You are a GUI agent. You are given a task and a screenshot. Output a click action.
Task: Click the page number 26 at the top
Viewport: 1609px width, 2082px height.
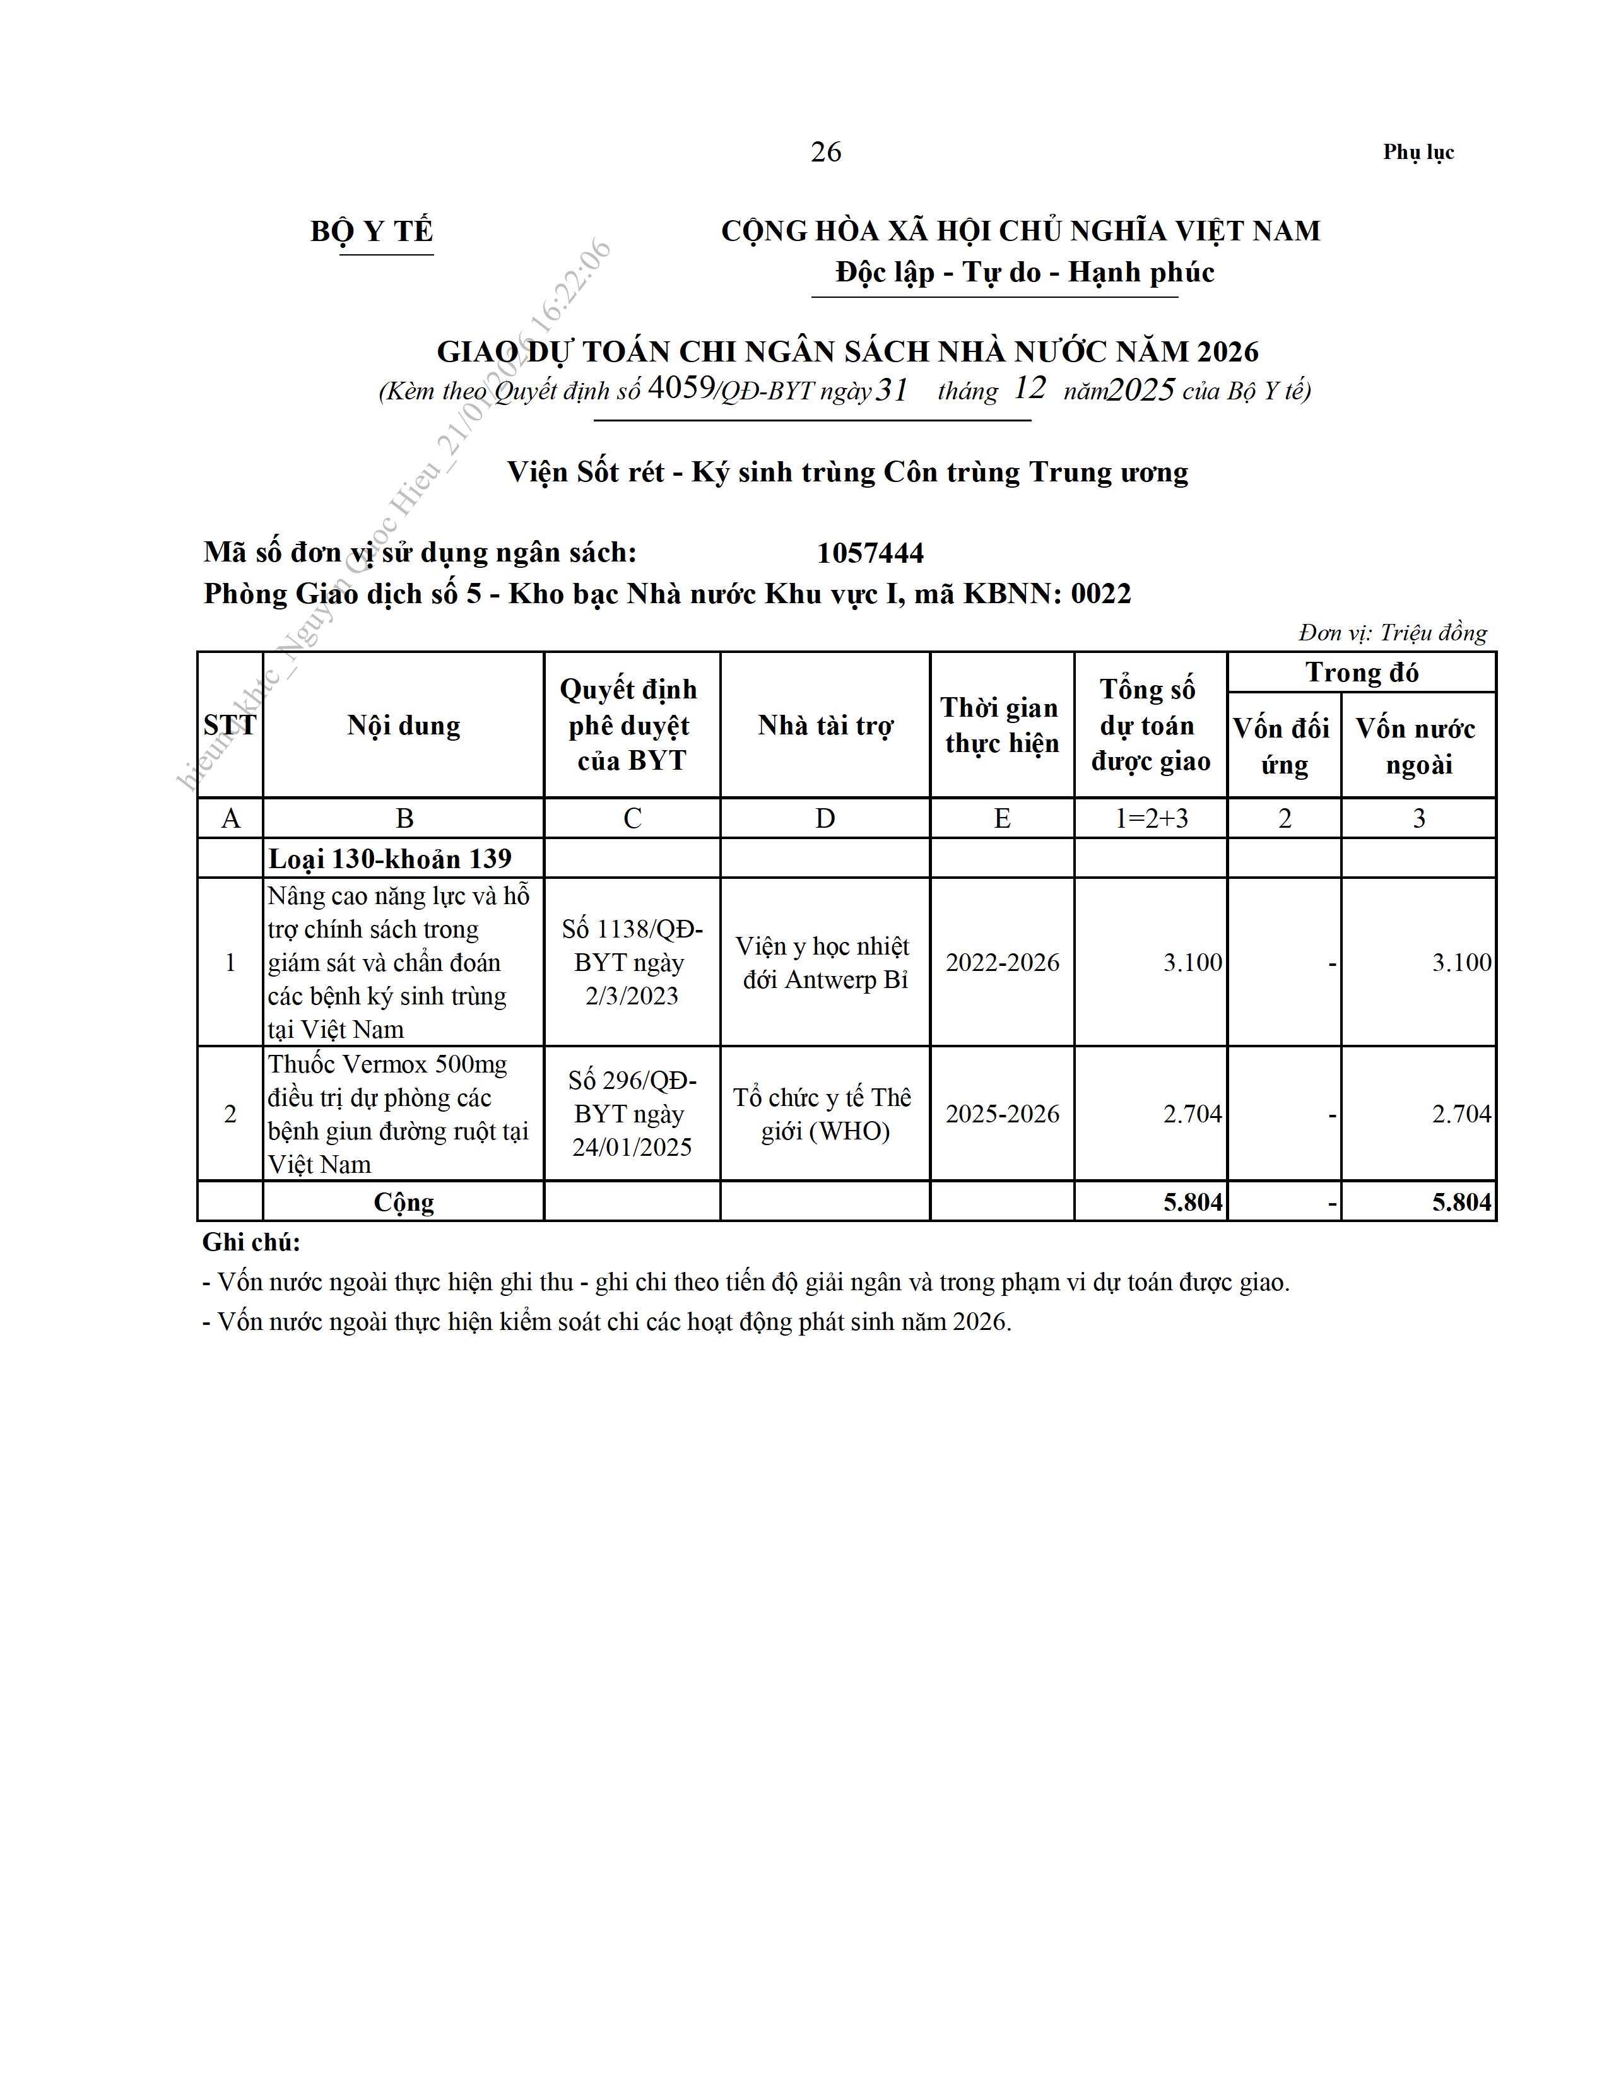(825, 153)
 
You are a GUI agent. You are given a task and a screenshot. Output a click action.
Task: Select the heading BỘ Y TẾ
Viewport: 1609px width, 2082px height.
(372, 232)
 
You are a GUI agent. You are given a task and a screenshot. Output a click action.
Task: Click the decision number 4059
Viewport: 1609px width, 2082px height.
(681, 388)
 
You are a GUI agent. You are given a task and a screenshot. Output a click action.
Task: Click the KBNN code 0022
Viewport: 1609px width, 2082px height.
(1101, 594)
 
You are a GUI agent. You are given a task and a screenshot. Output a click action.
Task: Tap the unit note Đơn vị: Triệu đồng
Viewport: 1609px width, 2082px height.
(1392, 633)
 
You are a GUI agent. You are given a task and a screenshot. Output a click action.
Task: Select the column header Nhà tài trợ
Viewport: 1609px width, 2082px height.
(825, 726)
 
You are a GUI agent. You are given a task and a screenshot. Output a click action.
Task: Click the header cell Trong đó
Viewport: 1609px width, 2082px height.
(1361, 673)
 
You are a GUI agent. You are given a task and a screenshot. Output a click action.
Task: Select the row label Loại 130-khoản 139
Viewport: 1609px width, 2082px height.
(390, 859)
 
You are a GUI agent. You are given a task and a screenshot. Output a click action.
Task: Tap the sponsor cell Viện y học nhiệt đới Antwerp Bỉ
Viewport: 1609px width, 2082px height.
(825, 962)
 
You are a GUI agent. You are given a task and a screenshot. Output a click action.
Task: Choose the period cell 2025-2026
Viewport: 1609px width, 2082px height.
(1002, 1114)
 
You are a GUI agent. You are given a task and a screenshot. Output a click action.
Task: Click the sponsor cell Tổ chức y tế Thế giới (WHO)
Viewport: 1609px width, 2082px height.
(825, 1114)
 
